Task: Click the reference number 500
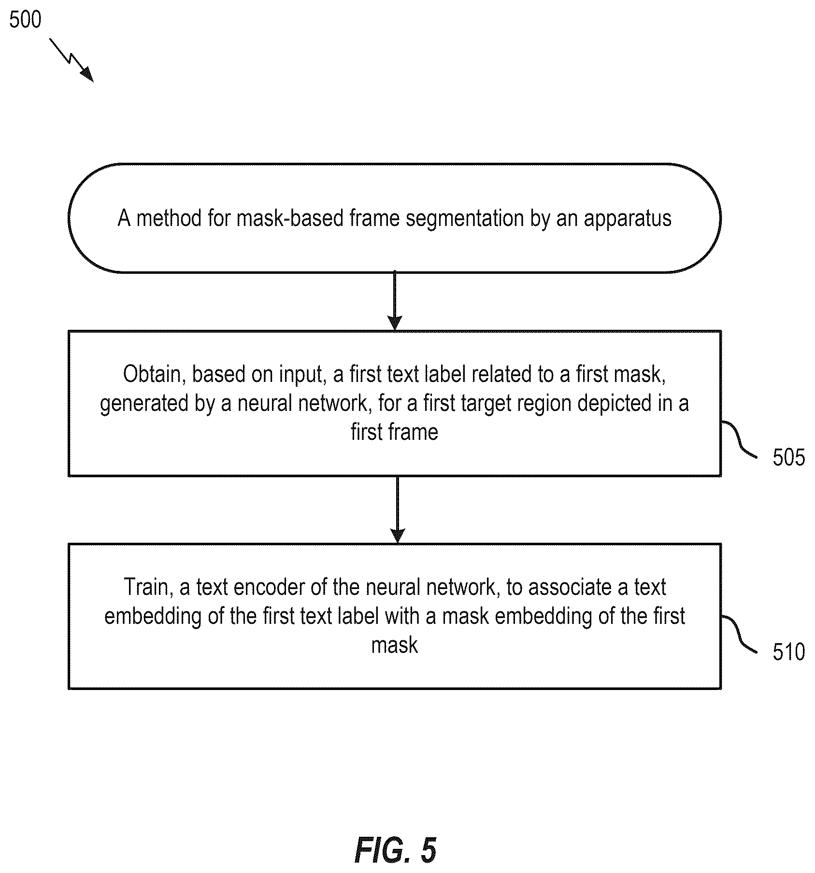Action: pos(26,20)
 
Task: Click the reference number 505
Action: pos(788,457)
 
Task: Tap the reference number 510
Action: pos(788,652)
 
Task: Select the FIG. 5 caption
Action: pos(395,850)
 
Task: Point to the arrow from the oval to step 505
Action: pos(395,301)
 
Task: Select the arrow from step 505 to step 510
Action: pos(397,510)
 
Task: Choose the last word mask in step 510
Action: pos(394,645)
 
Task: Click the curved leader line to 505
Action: pos(739,438)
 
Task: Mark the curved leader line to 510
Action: pos(739,634)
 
